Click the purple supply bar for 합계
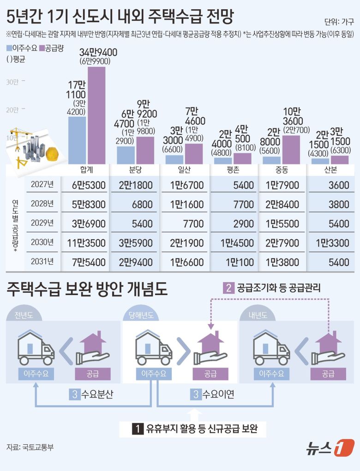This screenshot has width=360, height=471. coord(96,115)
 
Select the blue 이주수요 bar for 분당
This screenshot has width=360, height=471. coord(126,155)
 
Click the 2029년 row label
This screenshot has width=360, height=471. coord(42,223)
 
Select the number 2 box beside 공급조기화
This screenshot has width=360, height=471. coord(228,288)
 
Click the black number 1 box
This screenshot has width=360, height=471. coord(137,429)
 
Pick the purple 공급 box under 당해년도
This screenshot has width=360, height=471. coord(210,374)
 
